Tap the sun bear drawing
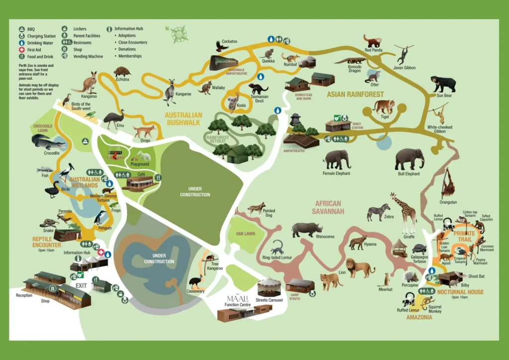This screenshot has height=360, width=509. (442, 83)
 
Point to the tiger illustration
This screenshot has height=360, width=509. (384, 106)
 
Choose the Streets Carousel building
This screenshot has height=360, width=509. (269, 287)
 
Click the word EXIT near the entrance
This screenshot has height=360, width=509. (82, 286)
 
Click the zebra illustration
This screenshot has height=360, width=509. (378, 211)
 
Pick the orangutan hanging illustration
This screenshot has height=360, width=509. (448, 183)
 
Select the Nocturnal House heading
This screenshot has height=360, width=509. (460, 292)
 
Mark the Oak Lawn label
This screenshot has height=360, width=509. (246, 233)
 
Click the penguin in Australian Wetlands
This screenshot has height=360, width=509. (100, 217)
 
